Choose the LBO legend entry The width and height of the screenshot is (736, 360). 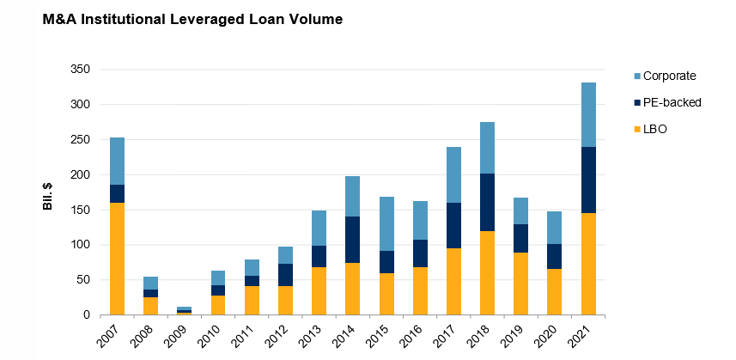click(655, 128)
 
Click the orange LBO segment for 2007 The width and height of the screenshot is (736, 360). click(117, 259)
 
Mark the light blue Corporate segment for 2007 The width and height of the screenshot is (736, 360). click(117, 161)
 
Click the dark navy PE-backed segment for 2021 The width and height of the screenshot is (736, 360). click(588, 180)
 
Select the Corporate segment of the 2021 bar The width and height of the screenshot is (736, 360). click(588, 114)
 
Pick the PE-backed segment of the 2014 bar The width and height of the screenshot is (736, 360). click(352, 240)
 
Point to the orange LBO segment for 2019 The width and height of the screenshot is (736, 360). click(521, 284)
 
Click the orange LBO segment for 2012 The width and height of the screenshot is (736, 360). click(285, 301)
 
